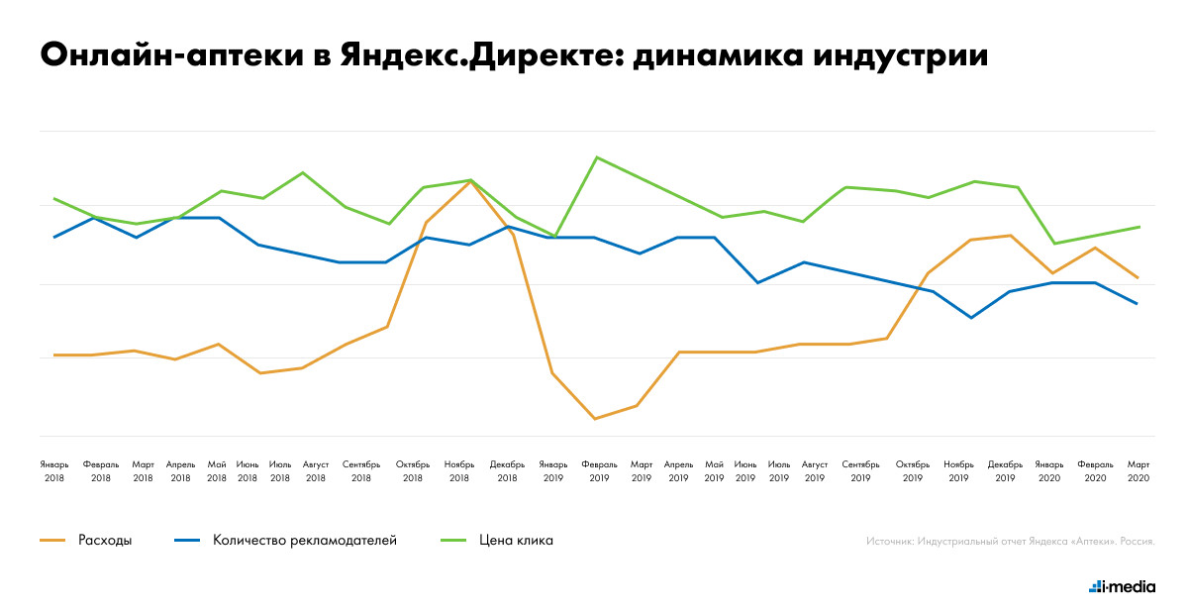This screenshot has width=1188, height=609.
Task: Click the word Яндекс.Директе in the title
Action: click(473, 55)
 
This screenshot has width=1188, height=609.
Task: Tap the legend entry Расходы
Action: click(105, 540)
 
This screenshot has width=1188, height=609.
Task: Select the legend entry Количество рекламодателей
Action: click(305, 540)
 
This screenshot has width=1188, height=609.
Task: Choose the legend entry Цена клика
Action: click(516, 540)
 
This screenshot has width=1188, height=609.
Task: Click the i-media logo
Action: click(1122, 586)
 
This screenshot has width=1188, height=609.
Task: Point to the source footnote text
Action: click(1010, 542)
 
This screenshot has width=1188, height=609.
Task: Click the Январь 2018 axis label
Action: click(54, 470)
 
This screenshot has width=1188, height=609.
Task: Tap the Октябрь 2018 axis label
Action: click(413, 470)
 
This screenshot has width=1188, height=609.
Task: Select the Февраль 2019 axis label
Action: click(599, 470)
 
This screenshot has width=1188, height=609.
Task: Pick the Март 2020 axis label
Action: click(1138, 470)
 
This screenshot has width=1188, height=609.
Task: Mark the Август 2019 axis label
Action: click(815, 470)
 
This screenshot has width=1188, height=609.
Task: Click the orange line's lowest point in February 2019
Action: click(595, 419)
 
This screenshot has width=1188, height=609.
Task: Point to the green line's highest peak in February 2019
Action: click(596, 156)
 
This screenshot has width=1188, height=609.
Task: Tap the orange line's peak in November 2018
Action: click(469, 181)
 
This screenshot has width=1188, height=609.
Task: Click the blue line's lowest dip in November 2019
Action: click(971, 318)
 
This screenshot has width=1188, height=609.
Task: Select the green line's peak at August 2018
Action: click(303, 172)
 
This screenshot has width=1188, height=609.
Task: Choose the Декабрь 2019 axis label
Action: click(1005, 470)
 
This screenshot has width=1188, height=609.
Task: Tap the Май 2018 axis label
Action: click(217, 470)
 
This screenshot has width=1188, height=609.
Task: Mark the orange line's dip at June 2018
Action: click(260, 373)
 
